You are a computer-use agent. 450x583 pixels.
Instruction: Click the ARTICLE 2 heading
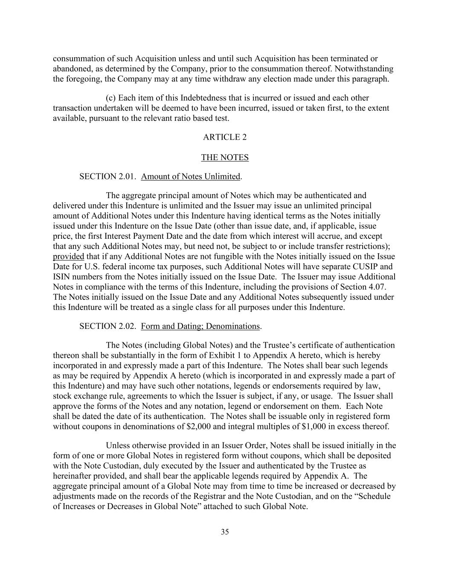pos(225,137)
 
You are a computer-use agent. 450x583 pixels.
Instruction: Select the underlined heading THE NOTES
pos(225,158)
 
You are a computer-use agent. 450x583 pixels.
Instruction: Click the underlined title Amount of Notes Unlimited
pos(191,176)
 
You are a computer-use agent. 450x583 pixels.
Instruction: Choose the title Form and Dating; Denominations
pos(200,326)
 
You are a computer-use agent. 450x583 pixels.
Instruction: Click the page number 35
pos(225,532)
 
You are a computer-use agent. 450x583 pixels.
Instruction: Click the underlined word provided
pos(68,257)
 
